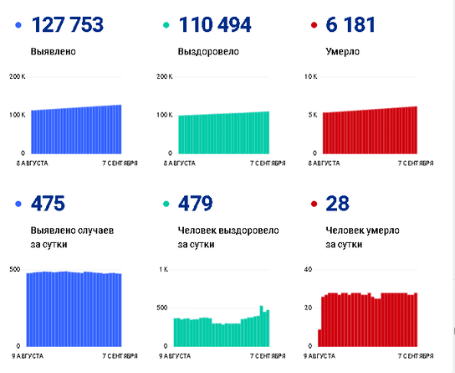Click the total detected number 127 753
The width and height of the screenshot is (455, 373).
coord(67,24)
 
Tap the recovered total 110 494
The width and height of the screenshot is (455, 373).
coord(215,24)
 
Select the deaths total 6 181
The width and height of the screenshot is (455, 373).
coord(350,24)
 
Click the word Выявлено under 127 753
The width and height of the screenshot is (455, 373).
coord(54,52)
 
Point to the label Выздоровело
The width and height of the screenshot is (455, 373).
coord(208,52)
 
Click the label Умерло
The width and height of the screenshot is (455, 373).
coord(343,52)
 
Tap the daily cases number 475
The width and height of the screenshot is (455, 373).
coord(48,203)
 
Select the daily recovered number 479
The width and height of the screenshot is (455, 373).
coord(195,203)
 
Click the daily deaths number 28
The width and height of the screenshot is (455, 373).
coord(337,203)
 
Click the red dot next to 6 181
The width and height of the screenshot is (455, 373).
coord(314,25)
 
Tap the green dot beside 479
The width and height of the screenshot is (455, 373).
coord(166,204)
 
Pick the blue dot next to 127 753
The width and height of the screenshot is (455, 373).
coord(18,25)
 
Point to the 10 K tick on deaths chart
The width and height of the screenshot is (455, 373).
coord(311,76)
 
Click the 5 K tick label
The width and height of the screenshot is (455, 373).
coord(313,115)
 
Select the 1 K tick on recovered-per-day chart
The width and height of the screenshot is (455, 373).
coord(163,270)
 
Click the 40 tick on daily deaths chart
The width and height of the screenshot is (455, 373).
coord(308,270)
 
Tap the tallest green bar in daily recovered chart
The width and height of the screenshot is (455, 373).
coord(262,326)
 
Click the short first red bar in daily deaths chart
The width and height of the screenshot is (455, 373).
coord(320,338)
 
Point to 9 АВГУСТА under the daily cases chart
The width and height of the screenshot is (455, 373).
coord(28,356)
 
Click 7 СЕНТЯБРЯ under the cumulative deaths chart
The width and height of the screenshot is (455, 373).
coord(416,163)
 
